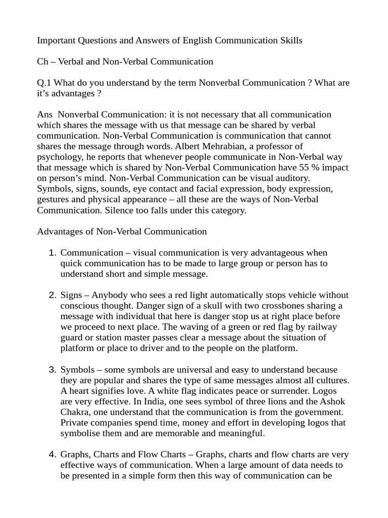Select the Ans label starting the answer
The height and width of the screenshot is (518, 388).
[45, 115]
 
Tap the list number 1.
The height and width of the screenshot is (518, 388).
[53, 253]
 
